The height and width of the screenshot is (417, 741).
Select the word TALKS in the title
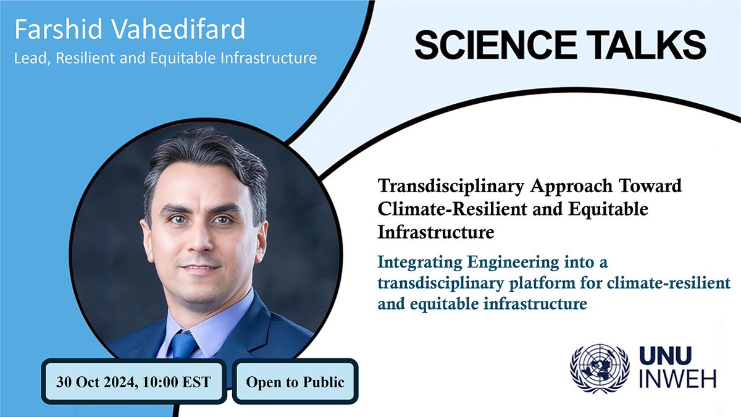tap(653, 45)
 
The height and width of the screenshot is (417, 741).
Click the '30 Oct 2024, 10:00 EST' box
tap(133, 381)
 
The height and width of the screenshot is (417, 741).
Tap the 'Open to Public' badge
tap(295, 381)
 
